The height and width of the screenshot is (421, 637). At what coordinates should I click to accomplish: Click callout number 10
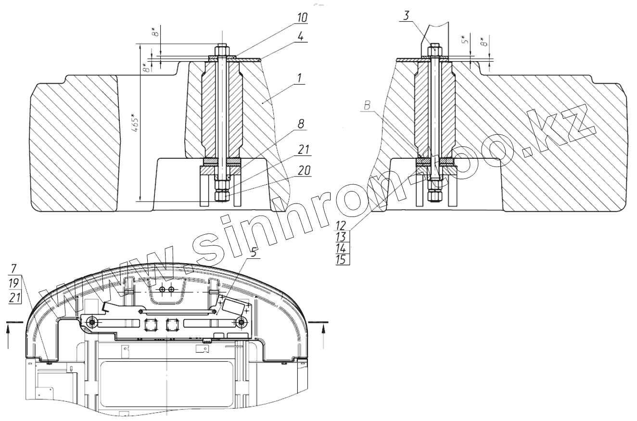coord(302,18)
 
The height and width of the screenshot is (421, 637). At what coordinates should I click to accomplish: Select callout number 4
coord(301,37)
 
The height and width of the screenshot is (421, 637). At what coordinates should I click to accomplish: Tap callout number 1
coord(299,78)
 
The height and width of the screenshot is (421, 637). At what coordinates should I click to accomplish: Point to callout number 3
coord(406,15)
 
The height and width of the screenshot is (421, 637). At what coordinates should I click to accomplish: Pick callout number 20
coord(304,170)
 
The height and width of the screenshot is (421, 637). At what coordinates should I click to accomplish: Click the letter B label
coord(367,106)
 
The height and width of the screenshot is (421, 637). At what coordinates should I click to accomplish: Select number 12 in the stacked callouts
coord(341,226)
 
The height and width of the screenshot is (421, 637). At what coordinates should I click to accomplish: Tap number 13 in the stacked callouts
coord(341,237)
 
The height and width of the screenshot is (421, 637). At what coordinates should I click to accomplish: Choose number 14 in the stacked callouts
coord(341,248)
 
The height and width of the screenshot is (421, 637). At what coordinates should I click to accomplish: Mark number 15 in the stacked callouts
coord(341,259)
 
